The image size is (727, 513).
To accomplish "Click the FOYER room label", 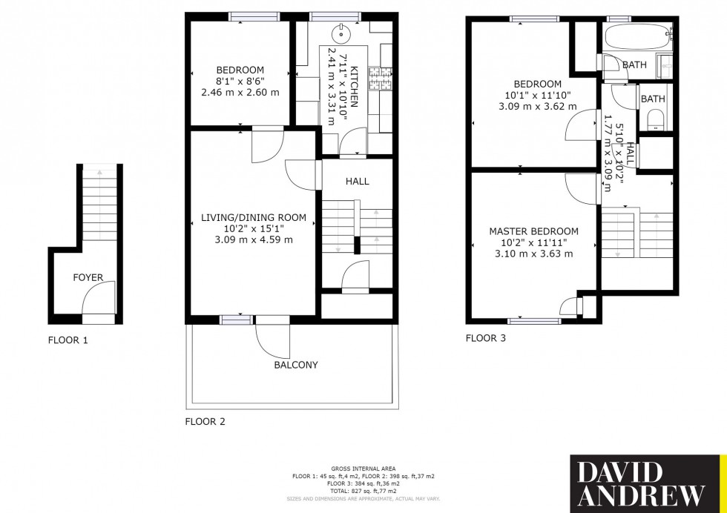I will pos(88,278).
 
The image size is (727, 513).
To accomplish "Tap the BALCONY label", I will pos(295,365).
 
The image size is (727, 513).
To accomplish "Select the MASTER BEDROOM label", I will pos(533,232).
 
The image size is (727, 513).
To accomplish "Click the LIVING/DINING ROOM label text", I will pos(254,217).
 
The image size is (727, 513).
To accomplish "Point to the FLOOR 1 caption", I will pos(68,341).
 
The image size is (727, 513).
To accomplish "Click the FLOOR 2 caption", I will pos(205,422).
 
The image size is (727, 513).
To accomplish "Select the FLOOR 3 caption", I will pos(485,338).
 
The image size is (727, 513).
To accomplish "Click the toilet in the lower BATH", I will pos(654,119).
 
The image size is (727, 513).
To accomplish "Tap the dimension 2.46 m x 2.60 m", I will pos(240,93).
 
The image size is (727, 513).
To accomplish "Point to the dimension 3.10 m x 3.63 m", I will pos(533,254).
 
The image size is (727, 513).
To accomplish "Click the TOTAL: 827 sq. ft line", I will pos(363,492).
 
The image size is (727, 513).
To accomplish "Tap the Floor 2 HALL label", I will pos(357,181).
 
